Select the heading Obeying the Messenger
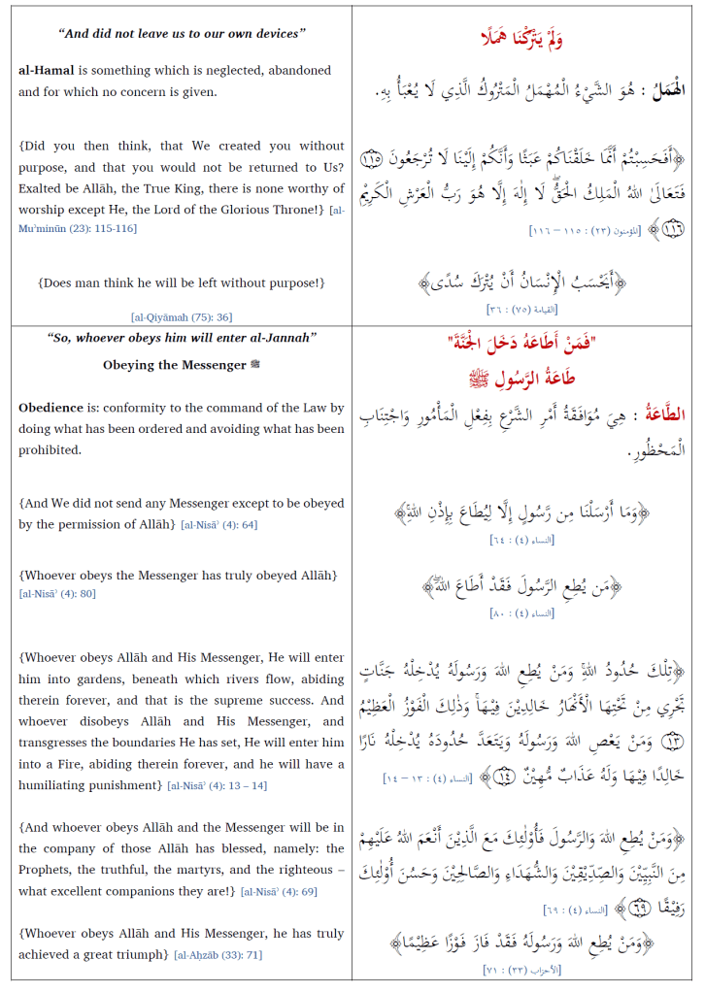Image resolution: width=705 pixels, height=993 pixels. [x=165, y=365]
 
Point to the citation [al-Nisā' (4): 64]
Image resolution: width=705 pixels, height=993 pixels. [x=218, y=525]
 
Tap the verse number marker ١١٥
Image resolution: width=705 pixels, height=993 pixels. [x=370, y=158]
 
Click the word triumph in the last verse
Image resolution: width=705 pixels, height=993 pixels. [x=143, y=955]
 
